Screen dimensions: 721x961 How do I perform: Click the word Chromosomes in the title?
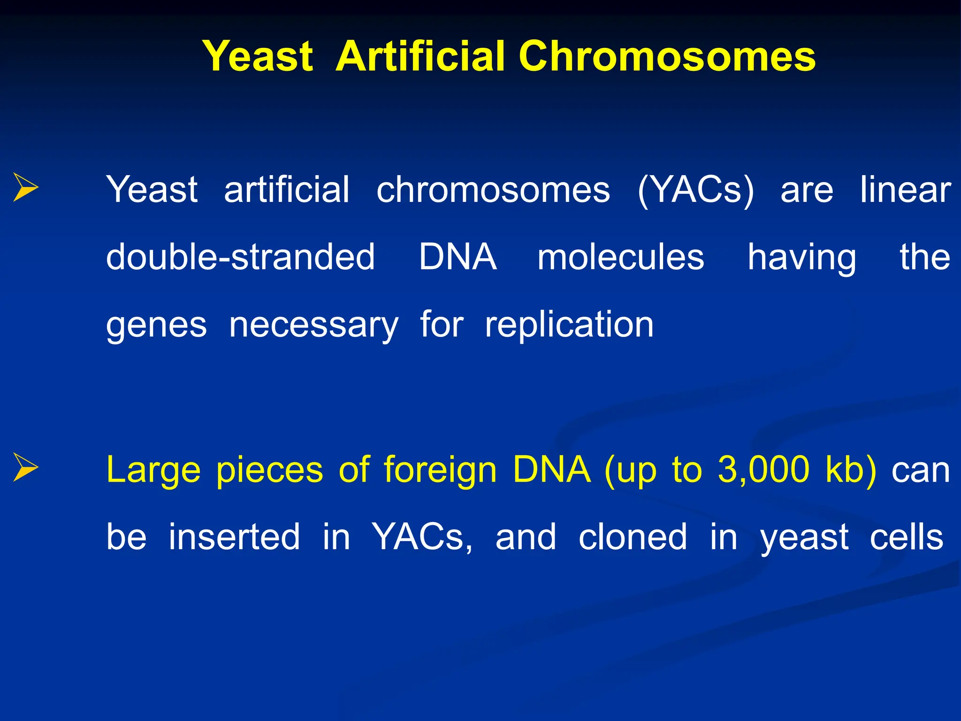click(667, 56)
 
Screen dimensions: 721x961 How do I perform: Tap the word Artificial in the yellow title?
click(420, 56)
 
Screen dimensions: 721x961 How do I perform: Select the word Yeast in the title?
click(258, 56)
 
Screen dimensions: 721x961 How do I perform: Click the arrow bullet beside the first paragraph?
click(25, 187)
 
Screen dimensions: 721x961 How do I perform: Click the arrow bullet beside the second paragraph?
click(25, 467)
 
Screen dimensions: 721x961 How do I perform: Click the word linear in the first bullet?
click(905, 190)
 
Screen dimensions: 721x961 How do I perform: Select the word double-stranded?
click(240, 257)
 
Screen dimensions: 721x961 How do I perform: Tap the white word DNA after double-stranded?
click(458, 257)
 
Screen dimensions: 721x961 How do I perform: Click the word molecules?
click(620, 257)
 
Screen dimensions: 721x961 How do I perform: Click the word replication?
click(569, 325)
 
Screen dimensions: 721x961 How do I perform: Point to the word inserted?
click(234, 537)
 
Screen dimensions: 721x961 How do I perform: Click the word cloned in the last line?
click(633, 537)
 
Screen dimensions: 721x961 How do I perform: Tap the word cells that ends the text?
click(906, 537)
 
